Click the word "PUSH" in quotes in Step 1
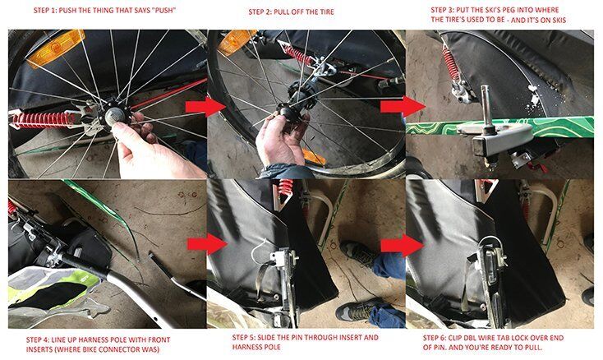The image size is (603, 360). tap(163, 11)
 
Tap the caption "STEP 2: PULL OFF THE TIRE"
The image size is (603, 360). tap(291, 12)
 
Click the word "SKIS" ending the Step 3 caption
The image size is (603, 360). tap(559, 20)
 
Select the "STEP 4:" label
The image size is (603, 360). tap(37, 340)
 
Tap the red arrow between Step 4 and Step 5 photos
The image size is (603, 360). tap(206, 244)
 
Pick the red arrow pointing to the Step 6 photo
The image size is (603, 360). tap(402, 245)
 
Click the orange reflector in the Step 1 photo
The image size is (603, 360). tap(55, 48)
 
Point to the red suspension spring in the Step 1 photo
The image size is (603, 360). tap(42, 120)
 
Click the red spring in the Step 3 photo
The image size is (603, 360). tap(450, 65)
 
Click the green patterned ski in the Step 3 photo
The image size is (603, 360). tap(500, 127)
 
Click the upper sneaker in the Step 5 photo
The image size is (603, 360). tap(356, 253)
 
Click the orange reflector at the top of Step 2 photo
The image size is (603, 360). tap(235, 42)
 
